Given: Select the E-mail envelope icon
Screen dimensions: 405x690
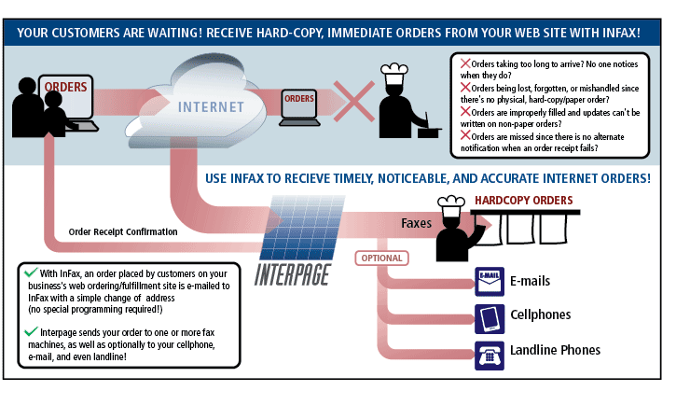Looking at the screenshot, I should pos(490,279).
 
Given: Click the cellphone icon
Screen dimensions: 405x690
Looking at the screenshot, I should pos(490,315).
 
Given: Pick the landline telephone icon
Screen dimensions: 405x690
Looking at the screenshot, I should pos(490,353).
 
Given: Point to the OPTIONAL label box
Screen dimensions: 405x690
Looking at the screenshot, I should pos(381,258).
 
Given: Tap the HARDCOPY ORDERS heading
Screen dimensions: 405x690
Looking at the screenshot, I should pos(523,201).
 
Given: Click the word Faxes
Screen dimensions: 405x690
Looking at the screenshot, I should pos(417,223).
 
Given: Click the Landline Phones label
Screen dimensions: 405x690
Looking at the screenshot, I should pos(555,351).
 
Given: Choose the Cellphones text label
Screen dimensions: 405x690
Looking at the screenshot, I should pos(541,315).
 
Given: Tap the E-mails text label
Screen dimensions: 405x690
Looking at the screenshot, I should pos(530,280).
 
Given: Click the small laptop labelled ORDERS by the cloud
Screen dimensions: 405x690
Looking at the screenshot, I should pos(299,105).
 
